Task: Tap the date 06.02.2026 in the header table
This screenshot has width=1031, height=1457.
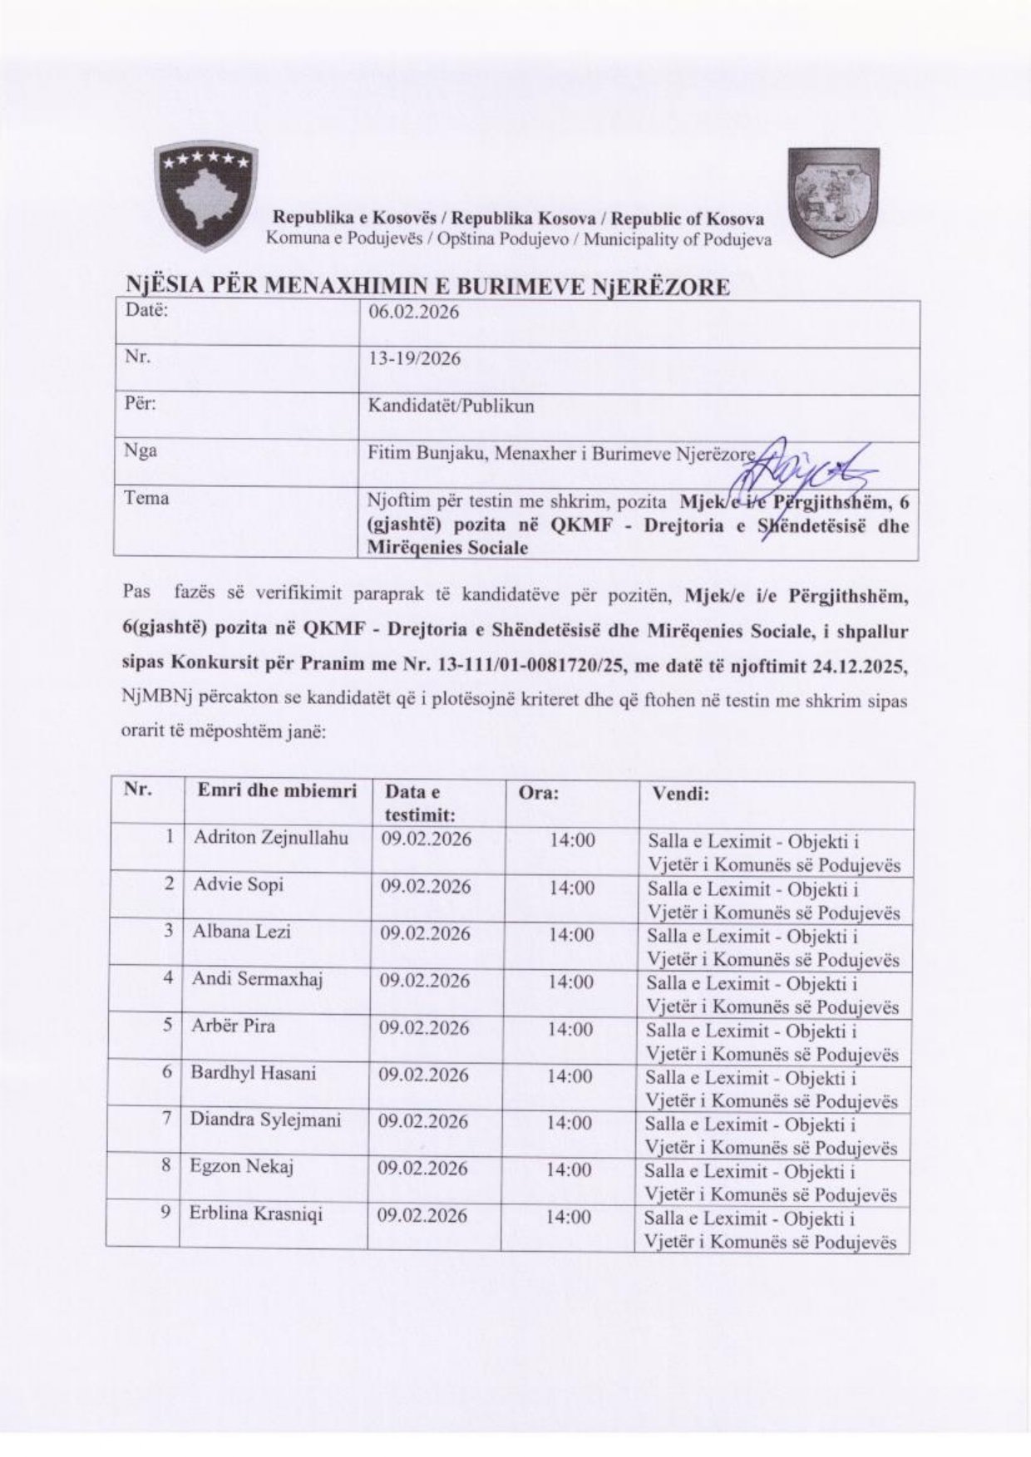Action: (x=413, y=313)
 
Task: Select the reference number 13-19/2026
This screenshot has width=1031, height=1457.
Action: (x=414, y=359)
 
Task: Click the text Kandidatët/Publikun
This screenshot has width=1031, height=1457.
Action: (x=451, y=406)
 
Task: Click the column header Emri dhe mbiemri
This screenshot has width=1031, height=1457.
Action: (x=276, y=791)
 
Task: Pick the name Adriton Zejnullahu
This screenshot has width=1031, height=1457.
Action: (x=270, y=838)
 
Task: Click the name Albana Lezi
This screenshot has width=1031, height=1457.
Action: (x=241, y=932)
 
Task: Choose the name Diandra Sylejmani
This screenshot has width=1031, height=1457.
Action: (x=265, y=1120)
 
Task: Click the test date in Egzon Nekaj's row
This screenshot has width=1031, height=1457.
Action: (x=423, y=1168)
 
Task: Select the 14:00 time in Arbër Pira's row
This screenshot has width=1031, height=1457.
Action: (x=571, y=1029)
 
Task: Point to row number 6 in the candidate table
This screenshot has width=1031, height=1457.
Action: (x=166, y=1073)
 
